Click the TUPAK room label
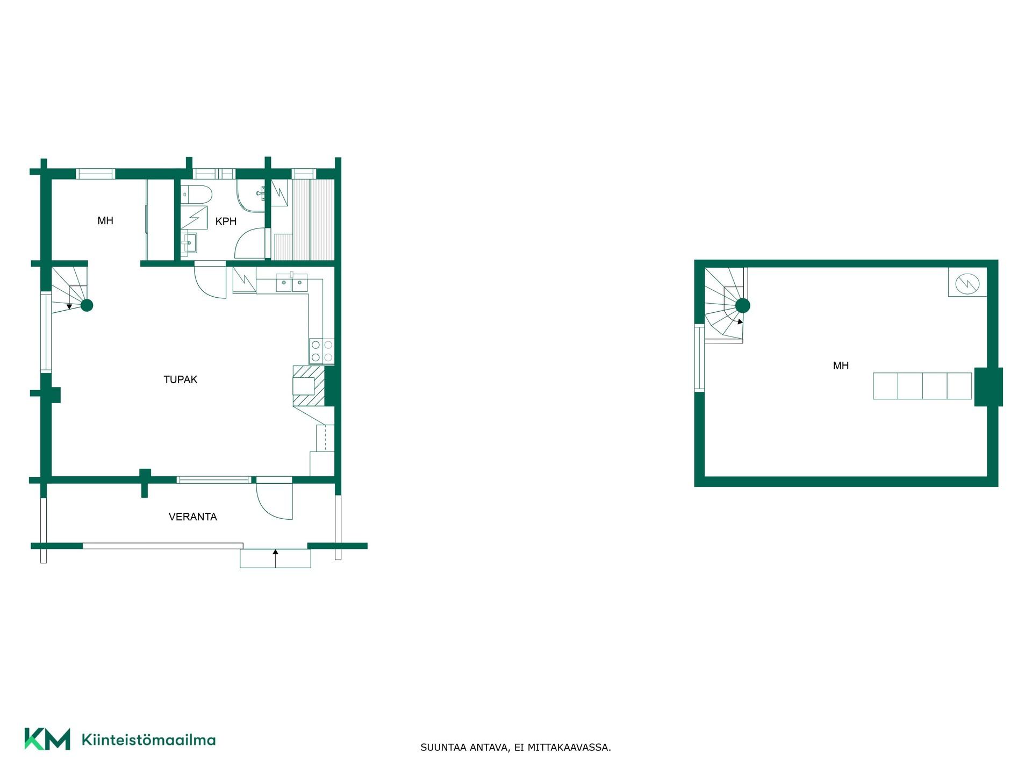pyautogui.click(x=181, y=379)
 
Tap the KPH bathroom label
pyautogui.click(x=226, y=221)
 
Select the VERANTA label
pyautogui.click(x=193, y=517)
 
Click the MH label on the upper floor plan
pyautogui.click(x=841, y=366)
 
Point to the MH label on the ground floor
pyautogui.click(x=105, y=221)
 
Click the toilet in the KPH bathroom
pyautogui.click(x=196, y=194)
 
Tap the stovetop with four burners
pyautogui.click(x=321, y=351)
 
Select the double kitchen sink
pyautogui.click(x=292, y=283)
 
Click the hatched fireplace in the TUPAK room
pyautogui.click(x=309, y=386)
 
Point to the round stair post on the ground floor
pyautogui.click(x=87, y=305)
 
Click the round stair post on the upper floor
pyautogui.click(x=742, y=306)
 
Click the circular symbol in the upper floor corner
pyautogui.click(x=967, y=283)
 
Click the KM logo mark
pyautogui.click(x=47, y=739)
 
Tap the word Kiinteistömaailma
pyautogui.click(x=148, y=740)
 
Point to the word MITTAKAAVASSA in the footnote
pyautogui.click(x=569, y=747)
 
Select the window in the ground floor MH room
pyautogui.click(x=96, y=174)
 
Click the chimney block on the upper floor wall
pyautogui.click(x=988, y=387)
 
